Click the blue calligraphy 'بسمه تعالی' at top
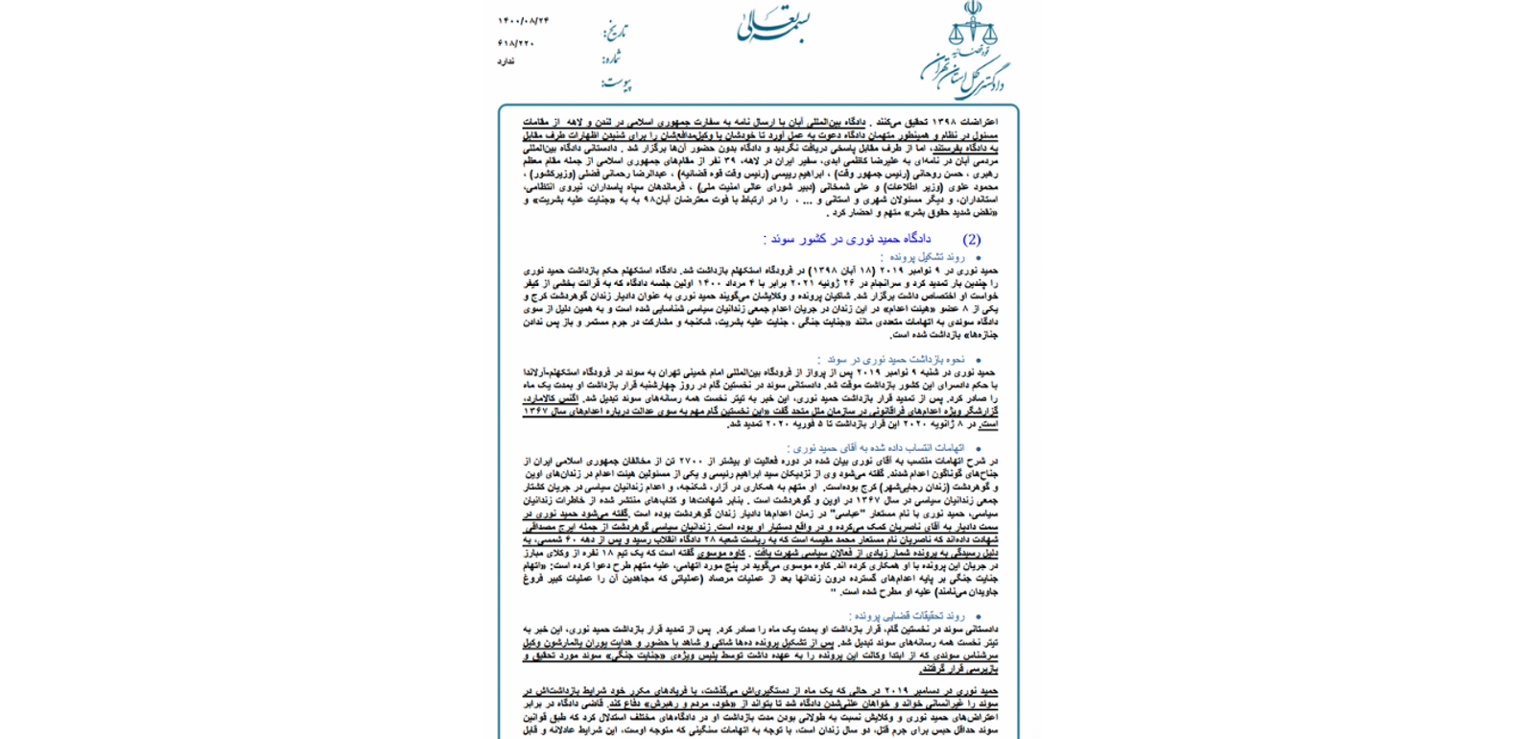[772, 26]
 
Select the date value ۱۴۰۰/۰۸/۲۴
[523, 21]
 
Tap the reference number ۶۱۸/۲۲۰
[516, 43]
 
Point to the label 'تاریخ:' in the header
[615, 32]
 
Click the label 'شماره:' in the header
[611, 59]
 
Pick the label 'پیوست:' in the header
[616, 83]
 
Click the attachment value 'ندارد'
[506, 61]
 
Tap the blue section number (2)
[972, 239]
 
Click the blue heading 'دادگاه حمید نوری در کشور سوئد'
[847, 239]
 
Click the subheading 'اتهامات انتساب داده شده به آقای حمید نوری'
[875, 447]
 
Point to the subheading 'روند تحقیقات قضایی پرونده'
[907, 616]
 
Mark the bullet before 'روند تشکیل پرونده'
[978, 258]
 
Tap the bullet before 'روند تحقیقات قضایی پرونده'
[978, 617]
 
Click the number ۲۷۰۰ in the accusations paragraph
[692, 461]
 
